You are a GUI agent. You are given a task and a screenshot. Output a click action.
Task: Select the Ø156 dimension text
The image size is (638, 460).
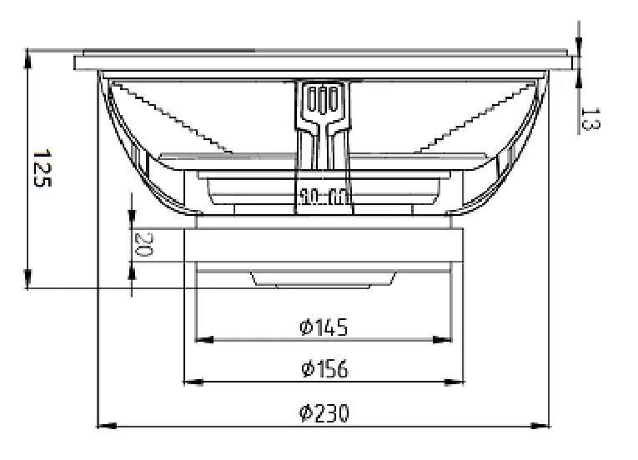tap(324, 368)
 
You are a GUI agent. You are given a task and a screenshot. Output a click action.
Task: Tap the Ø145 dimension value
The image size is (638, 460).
tap(324, 327)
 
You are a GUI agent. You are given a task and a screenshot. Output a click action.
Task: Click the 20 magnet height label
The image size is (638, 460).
tap(143, 245)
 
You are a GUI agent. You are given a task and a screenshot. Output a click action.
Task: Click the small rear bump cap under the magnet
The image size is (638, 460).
tap(323, 280)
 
